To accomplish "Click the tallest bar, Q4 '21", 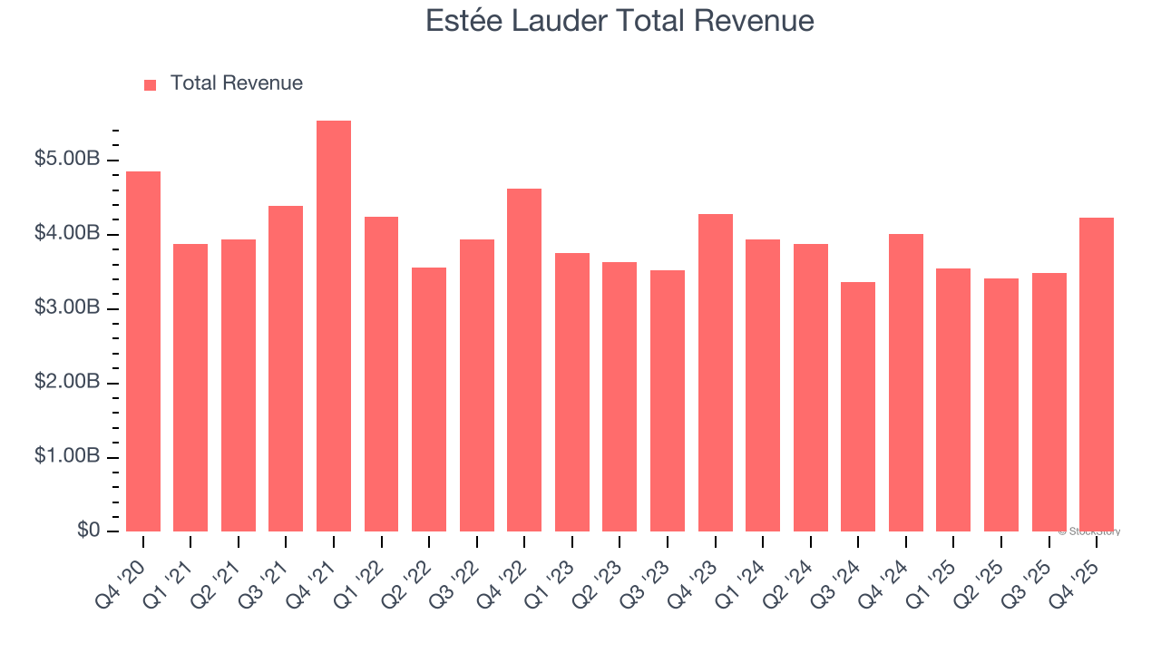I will (334, 326).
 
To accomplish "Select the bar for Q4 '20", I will (143, 352).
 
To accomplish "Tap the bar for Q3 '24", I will (858, 407).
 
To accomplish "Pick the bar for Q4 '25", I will (1097, 375).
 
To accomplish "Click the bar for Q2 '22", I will (429, 400).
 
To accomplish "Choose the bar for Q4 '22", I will (524, 360).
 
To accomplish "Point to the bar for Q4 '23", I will (716, 373).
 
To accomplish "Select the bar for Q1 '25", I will (953, 400).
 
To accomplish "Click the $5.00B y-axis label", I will (68, 160).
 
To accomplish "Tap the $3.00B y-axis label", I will (68, 308).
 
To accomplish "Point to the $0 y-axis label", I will (88, 531).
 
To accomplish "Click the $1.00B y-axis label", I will (68, 457).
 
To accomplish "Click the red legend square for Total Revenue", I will (151, 84).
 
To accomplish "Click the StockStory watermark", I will (1089, 531).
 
